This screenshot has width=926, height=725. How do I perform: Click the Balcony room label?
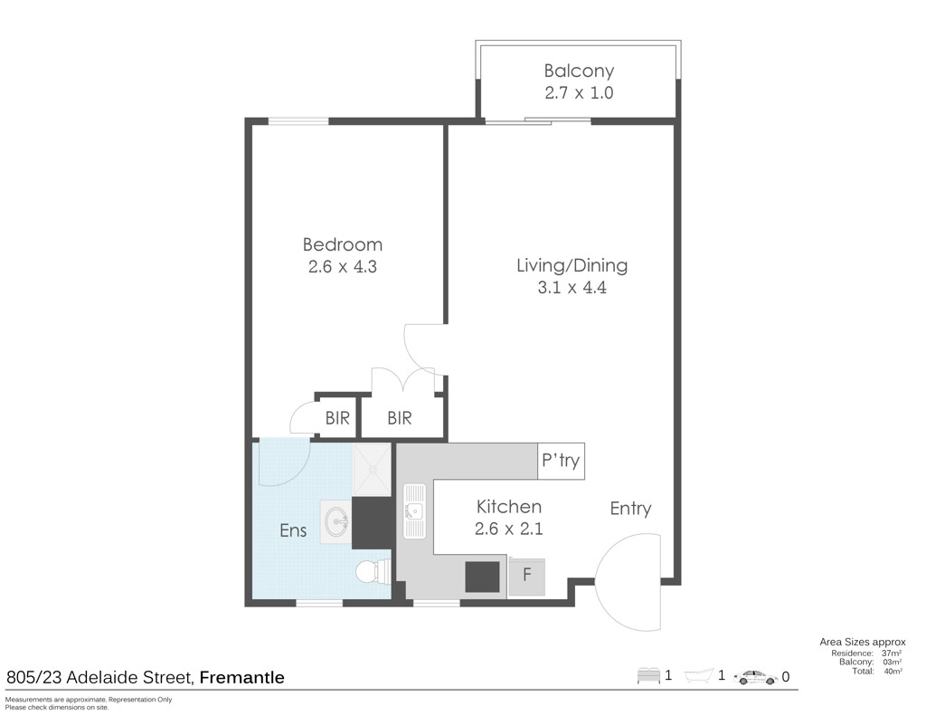(x=579, y=72)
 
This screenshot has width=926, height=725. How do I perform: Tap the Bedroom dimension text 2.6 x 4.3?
(x=343, y=266)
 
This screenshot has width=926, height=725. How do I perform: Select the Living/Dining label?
(x=572, y=266)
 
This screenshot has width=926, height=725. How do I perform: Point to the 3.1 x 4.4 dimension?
(x=572, y=288)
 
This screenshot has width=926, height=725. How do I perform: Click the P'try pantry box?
(x=561, y=461)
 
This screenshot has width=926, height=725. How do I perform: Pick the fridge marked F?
(x=527, y=577)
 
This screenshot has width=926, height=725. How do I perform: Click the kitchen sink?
(x=414, y=511)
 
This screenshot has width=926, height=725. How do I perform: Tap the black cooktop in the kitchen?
(x=483, y=577)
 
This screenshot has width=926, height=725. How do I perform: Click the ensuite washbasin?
(x=336, y=521)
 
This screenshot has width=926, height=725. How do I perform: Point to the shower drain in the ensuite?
(x=372, y=470)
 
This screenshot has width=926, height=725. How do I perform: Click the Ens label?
(x=293, y=530)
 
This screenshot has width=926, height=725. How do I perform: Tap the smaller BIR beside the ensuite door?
(x=337, y=418)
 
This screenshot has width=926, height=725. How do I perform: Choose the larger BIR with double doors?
(x=399, y=418)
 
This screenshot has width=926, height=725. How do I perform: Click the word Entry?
(x=630, y=509)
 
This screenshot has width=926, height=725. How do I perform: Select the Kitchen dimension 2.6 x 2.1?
(x=508, y=529)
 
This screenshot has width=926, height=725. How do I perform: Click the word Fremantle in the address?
(x=242, y=677)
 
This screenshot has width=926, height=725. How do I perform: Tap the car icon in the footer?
(x=756, y=677)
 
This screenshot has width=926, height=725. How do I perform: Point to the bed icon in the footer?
(x=648, y=675)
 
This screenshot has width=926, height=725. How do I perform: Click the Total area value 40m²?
(x=893, y=672)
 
